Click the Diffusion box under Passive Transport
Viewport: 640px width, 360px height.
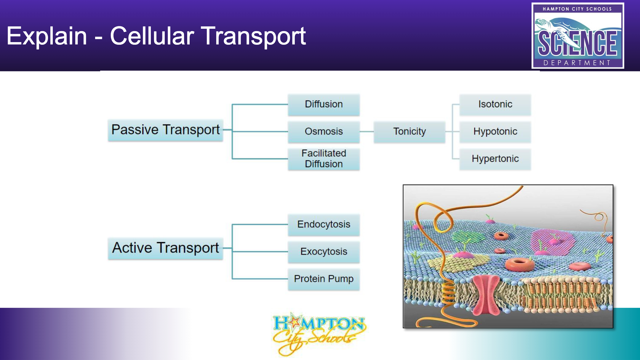(324, 105)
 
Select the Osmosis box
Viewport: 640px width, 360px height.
(324, 132)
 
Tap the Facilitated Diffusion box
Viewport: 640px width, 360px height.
(324, 159)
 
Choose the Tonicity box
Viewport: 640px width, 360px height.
(409, 132)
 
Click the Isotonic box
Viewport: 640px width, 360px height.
(495, 105)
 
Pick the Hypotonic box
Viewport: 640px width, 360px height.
(495, 132)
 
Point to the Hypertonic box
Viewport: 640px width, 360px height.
(495, 159)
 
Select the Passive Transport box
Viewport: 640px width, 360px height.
(165, 130)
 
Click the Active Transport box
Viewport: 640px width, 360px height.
(165, 248)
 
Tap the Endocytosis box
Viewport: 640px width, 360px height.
(324, 225)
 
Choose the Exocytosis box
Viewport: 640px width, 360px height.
(324, 252)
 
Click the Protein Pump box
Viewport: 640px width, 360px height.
(324, 279)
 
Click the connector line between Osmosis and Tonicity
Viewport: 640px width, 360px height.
(367, 132)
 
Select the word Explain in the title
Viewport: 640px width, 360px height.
(47, 36)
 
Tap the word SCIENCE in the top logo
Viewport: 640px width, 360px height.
(577, 43)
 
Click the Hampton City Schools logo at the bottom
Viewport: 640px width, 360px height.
(319, 334)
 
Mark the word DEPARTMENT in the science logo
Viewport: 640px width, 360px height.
(577, 63)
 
